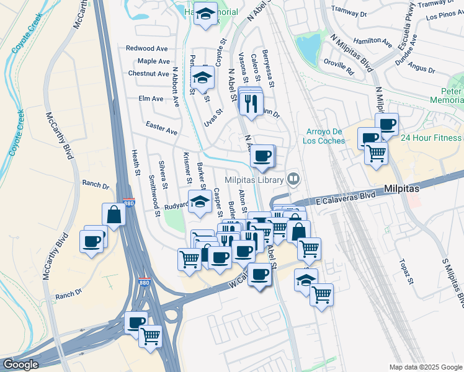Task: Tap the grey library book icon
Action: pos(294,180)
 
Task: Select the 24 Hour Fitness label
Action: pos(431,138)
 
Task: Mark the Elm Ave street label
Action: pos(151,99)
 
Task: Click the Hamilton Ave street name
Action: pos(372,42)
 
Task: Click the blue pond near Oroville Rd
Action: pos(308,46)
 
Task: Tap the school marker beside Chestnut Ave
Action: pos(202,79)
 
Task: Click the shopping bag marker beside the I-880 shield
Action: pos(116,215)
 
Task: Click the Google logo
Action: pos(21,365)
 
